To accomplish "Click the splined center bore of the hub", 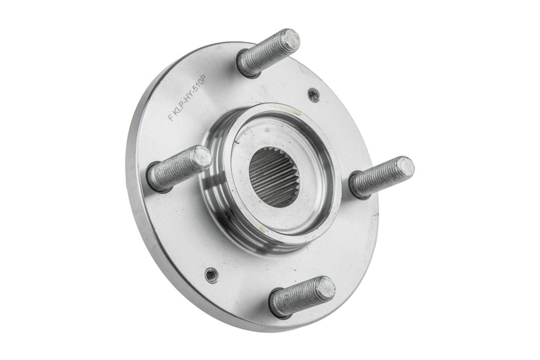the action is tap(273, 176).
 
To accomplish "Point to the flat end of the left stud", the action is tap(202, 157).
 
